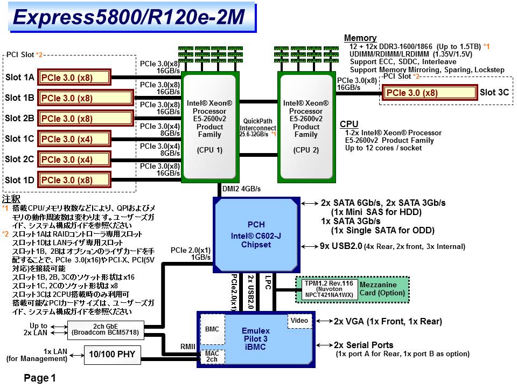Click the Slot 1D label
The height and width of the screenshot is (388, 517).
20,179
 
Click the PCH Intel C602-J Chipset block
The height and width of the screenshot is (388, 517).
256,234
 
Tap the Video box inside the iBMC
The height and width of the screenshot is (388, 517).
299,321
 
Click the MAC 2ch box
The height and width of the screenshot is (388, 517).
212,356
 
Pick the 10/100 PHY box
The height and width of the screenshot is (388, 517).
113,354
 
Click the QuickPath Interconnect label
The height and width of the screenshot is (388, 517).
257,127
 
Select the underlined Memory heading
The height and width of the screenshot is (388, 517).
360,38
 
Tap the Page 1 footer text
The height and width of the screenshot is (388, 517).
39,378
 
